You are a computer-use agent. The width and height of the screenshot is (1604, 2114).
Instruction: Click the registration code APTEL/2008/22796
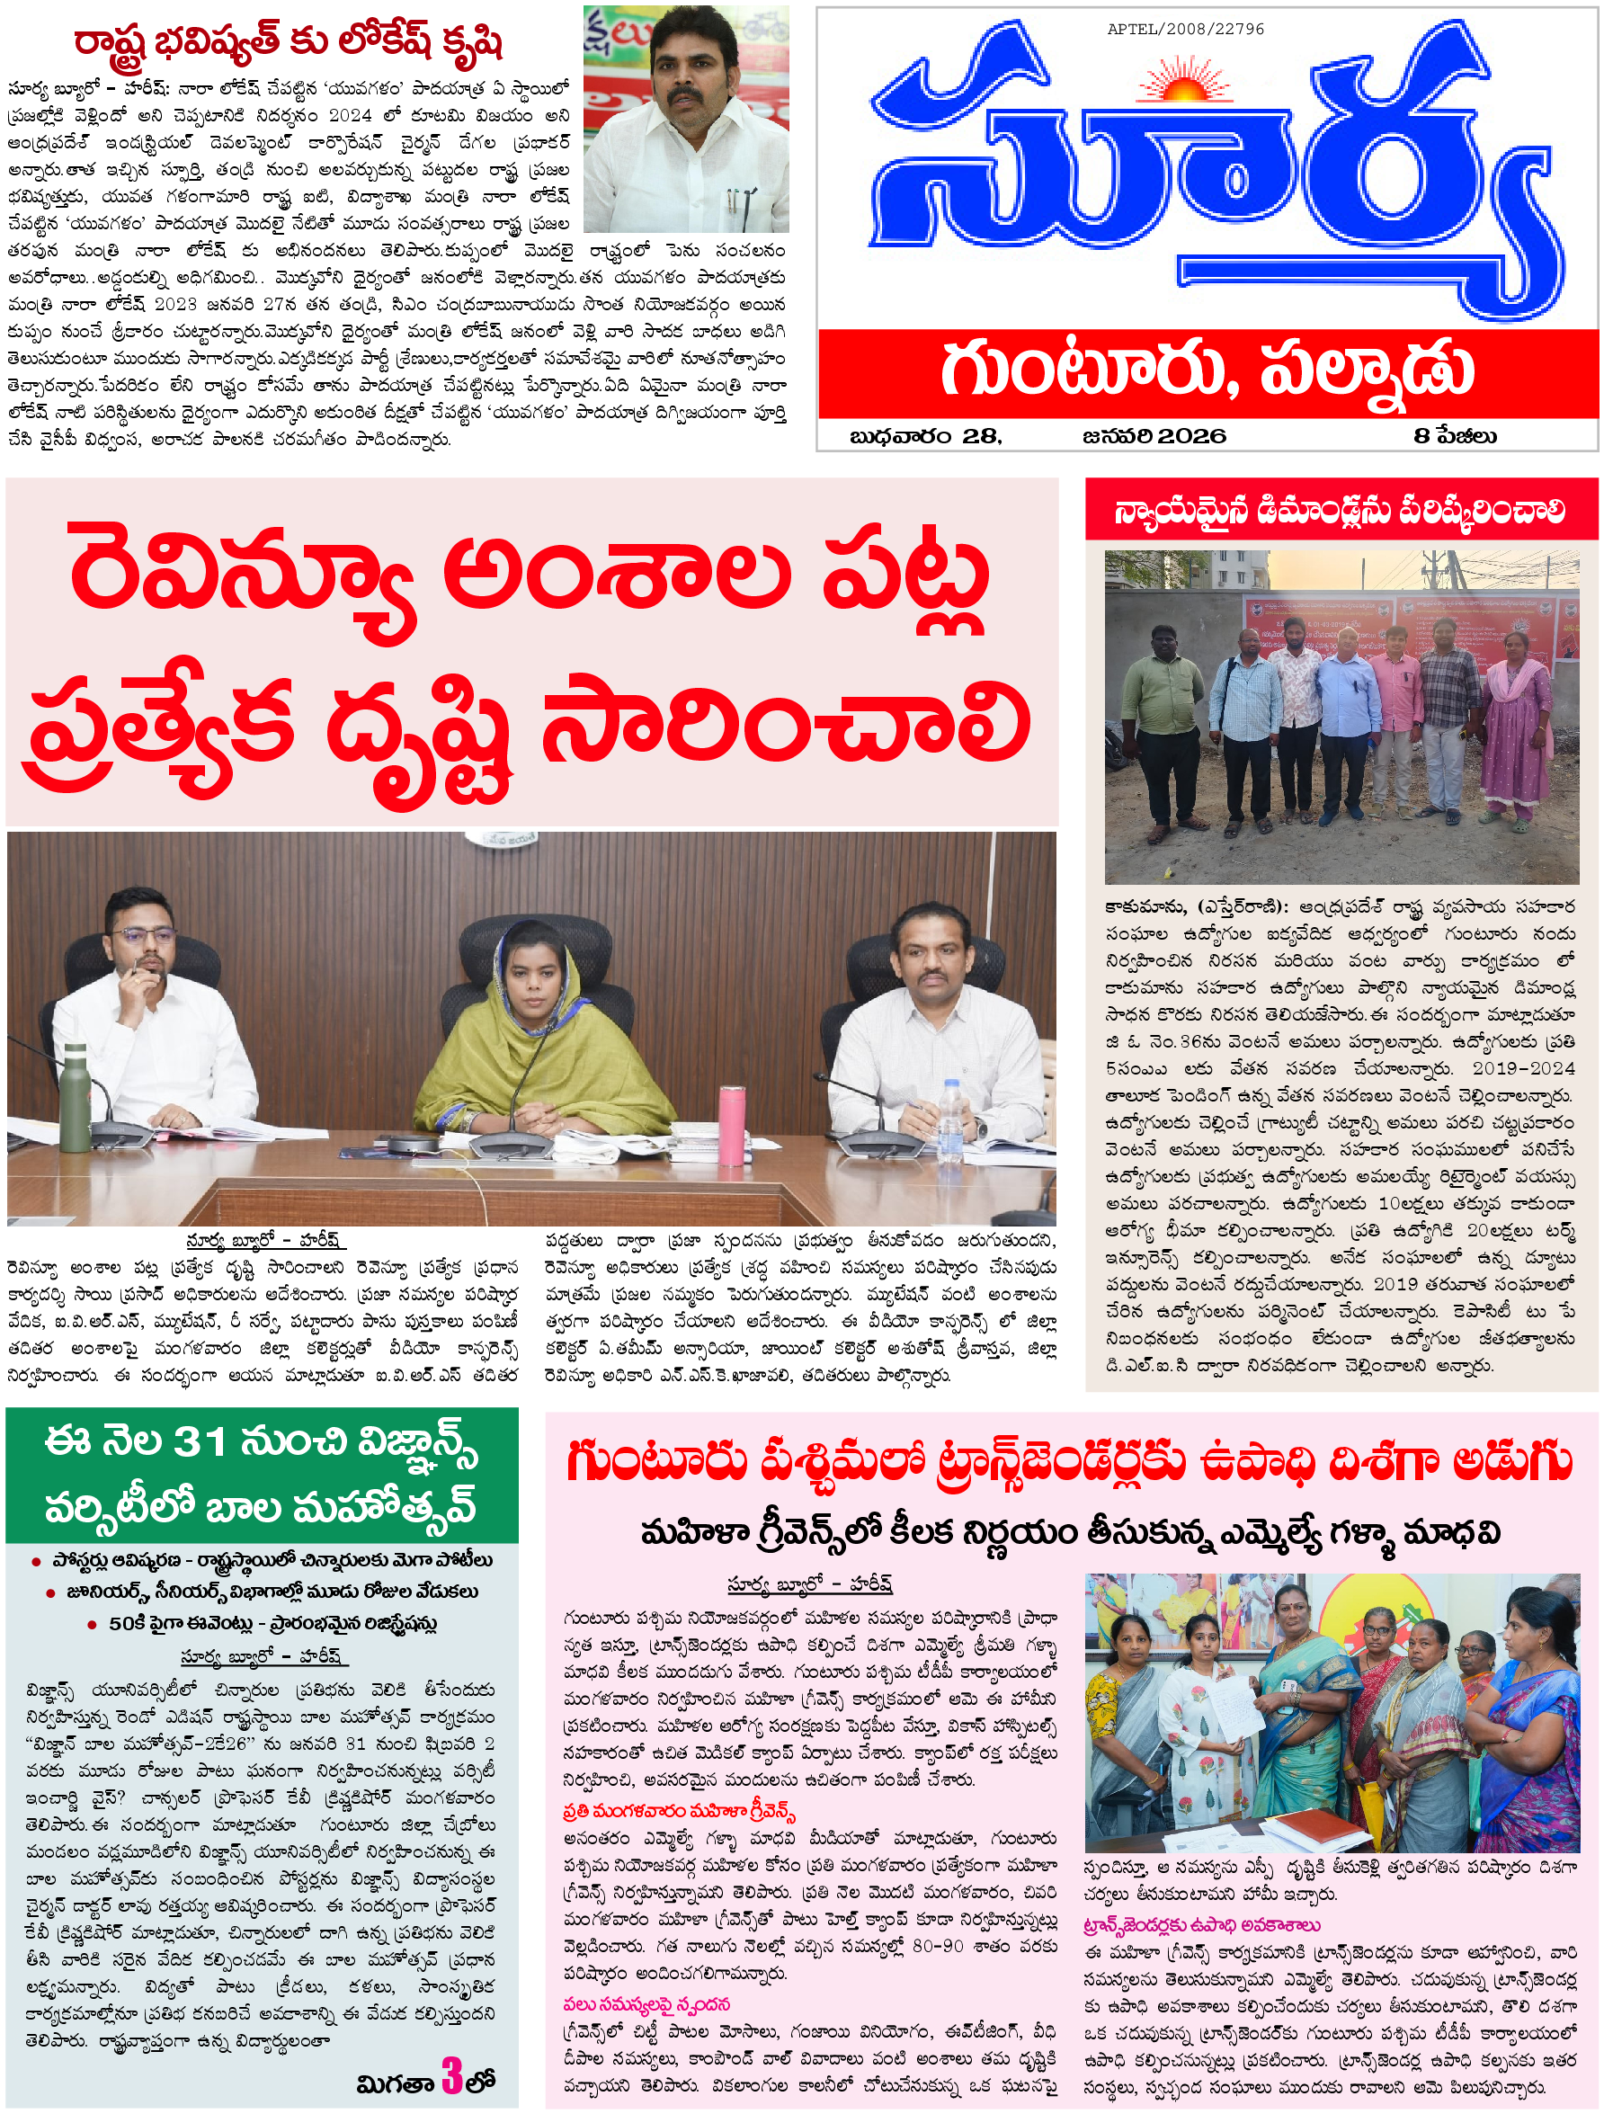1185,30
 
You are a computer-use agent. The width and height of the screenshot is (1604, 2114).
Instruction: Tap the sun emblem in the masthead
1185,86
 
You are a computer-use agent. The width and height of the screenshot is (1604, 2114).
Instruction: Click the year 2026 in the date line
1191,436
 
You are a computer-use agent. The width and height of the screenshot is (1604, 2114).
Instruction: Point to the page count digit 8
1421,436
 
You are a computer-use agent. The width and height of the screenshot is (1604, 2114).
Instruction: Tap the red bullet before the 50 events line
92,1624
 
